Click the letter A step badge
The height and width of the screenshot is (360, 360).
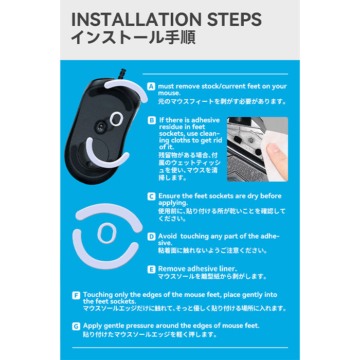[x=151, y=86]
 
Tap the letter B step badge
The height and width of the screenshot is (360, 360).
[x=152, y=120]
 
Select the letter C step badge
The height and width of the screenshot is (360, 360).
[x=151, y=196]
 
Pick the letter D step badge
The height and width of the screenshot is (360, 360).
[x=151, y=237]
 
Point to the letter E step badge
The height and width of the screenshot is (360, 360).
[x=151, y=269]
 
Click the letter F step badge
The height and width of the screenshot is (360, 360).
[x=76, y=295]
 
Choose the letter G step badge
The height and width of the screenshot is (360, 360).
[x=76, y=326]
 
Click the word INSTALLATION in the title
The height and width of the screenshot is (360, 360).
[x=136, y=20]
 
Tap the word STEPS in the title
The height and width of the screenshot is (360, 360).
[x=234, y=20]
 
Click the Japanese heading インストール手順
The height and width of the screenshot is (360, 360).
[x=133, y=37]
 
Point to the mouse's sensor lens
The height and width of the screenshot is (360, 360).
[x=101, y=127]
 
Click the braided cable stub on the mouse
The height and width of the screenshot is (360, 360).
[x=122, y=74]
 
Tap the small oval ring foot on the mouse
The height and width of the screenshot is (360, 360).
[x=116, y=119]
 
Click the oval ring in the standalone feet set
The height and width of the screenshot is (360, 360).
[x=107, y=233]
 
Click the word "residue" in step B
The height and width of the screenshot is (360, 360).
[x=171, y=127]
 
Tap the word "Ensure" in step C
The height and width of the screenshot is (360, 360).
[x=169, y=196]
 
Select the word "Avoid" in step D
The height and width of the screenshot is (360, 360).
[x=167, y=236]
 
